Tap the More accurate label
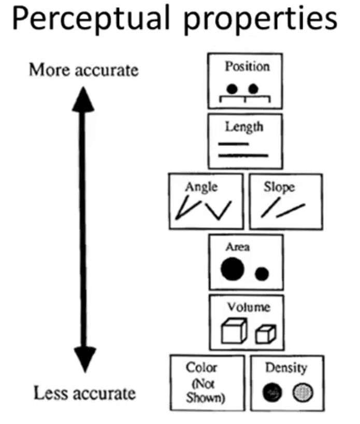coord(83,69)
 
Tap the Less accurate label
coord(84,393)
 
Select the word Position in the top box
coord(247,66)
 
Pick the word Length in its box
coord(243,126)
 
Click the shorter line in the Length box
coord(234,143)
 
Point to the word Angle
coord(201,187)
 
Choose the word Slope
coord(279,187)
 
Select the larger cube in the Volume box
coord(232,331)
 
